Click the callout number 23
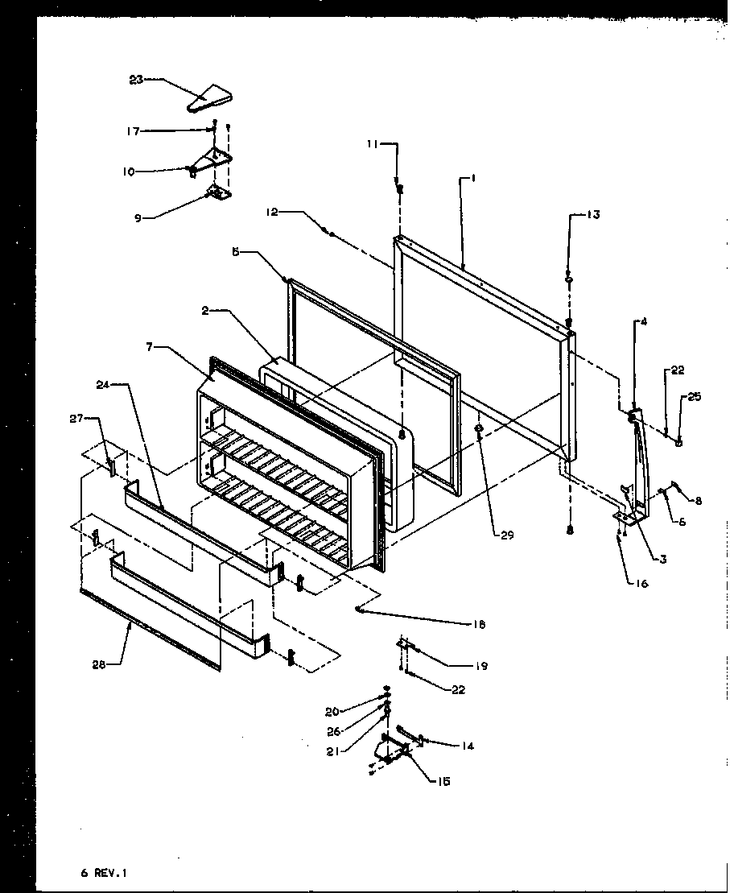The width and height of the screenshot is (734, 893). pos(136,79)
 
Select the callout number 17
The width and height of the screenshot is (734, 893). pos(133,130)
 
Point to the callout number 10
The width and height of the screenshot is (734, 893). pos(129,171)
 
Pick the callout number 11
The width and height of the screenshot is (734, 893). pos(372,144)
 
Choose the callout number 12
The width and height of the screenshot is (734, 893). pos(272,212)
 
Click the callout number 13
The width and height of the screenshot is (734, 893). pos(592,214)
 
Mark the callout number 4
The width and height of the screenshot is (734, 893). pos(643,322)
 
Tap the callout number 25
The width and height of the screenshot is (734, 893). pos(694,397)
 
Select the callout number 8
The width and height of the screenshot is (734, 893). pos(698,500)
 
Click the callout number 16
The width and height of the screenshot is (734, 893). pos(641,584)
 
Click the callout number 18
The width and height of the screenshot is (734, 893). pos(480,623)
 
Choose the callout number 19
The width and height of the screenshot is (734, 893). pos(481,666)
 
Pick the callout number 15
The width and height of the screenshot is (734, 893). pos(444,780)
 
